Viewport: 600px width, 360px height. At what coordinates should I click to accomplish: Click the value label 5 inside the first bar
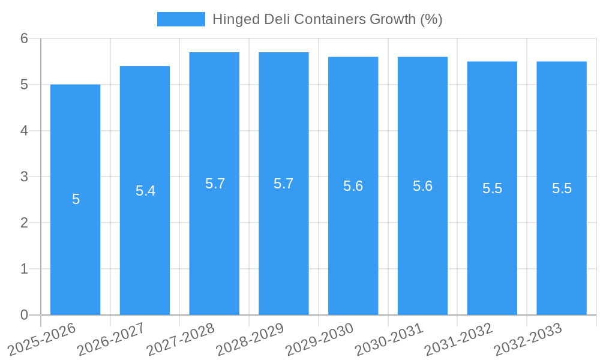pyautogui.click(x=76, y=200)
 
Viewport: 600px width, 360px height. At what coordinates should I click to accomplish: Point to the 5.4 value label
pyautogui.click(x=145, y=191)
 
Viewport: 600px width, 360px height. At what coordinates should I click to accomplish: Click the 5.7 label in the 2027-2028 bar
pyautogui.click(x=215, y=184)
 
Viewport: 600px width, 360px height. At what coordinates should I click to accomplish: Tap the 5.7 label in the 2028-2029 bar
pyautogui.click(x=283, y=184)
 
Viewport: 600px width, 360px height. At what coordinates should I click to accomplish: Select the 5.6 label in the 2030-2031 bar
pyautogui.click(x=422, y=186)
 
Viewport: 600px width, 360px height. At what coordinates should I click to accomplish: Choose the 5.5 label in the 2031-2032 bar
pyautogui.click(x=492, y=188)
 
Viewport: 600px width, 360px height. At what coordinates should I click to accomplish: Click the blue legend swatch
pyautogui.click(x=181, y=19)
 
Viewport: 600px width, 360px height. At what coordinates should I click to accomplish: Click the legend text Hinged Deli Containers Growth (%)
pyautogui.click(x=327, y=19)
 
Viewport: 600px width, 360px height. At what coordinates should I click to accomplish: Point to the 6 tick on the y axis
pyautogui.click(x=24, y=38)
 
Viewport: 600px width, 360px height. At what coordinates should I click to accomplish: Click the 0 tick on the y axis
pyautogui.click(x=24, y=315)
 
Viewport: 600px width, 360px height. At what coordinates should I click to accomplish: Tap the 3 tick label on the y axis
pyautogui.click(x=24, y=177)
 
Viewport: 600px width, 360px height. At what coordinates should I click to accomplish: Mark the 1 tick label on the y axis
pyautogui.click(x=24, y=269)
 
